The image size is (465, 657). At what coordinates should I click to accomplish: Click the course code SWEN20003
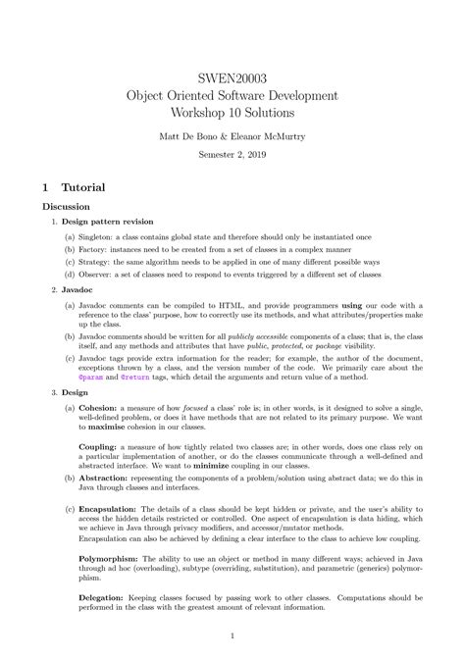[x=232, y=76]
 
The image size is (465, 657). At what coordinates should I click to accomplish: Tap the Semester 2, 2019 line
[x=232, y=155]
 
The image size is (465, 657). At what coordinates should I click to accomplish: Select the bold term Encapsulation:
[x=110, y=509]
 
